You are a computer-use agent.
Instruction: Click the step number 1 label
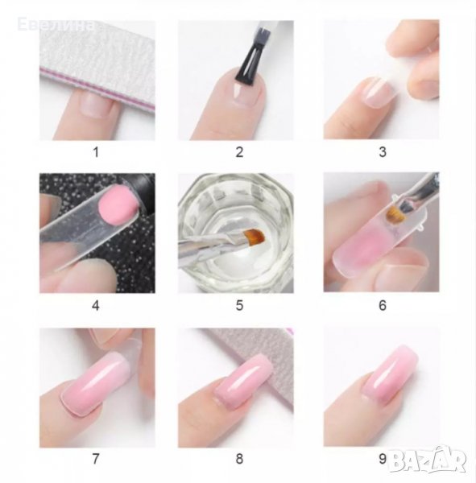(x=96, y=152)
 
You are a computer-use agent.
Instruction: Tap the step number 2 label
(x=239, y=152)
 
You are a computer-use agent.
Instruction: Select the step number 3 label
(x=383, y=152)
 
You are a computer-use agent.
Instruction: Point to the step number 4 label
(x=96, y=306)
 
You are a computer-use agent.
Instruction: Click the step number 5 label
(x=239, y=306)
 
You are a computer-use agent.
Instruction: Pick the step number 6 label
(x=383, y=306)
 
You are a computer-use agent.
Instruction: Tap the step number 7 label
(x=96, y=459)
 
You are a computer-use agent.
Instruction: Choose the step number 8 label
(x=239, y=459)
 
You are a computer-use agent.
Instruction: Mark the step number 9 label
(x=383, y=459)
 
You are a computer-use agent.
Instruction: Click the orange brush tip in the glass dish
(x=255, y=236)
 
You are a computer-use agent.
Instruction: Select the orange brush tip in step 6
(x=394, y=216)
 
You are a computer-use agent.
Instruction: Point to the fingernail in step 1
(x=96, y=105)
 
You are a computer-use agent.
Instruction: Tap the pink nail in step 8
(x=243, y=382)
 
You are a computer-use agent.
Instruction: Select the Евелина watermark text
(x=56, y=25)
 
